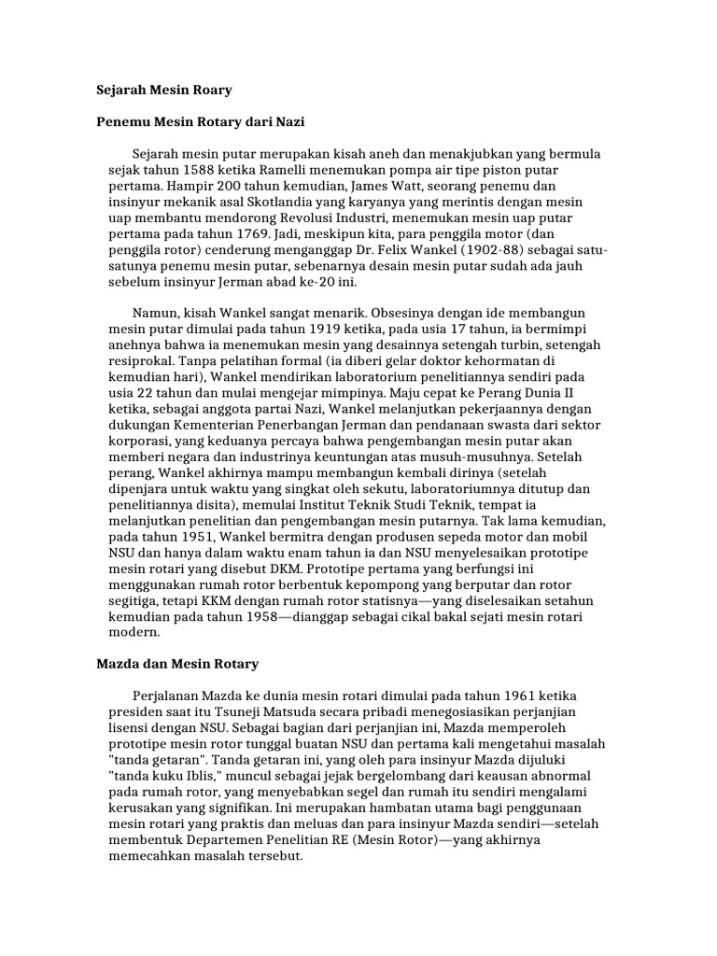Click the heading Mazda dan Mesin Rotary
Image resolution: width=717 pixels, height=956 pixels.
click(x=177, y=664)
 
